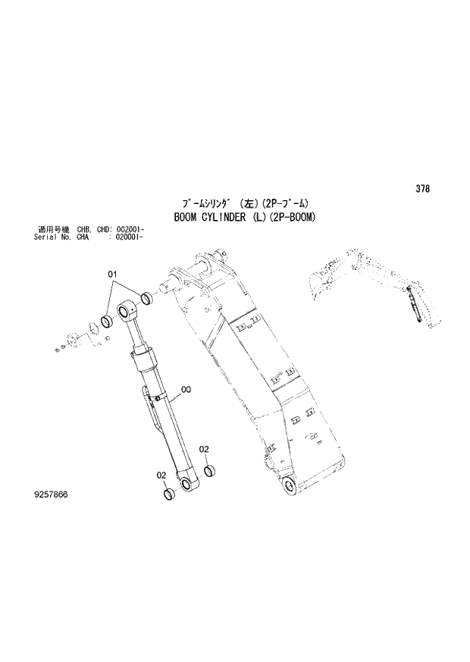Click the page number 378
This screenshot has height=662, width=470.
(422, 189)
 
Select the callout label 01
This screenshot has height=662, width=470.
(111, 274)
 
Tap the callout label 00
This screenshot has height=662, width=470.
(186, 390)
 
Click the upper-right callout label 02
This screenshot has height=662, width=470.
(204, 450)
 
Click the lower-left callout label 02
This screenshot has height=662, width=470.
(161, 475)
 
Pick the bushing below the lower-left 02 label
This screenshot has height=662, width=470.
(171, 494)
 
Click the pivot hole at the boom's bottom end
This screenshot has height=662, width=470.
(289, 486)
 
